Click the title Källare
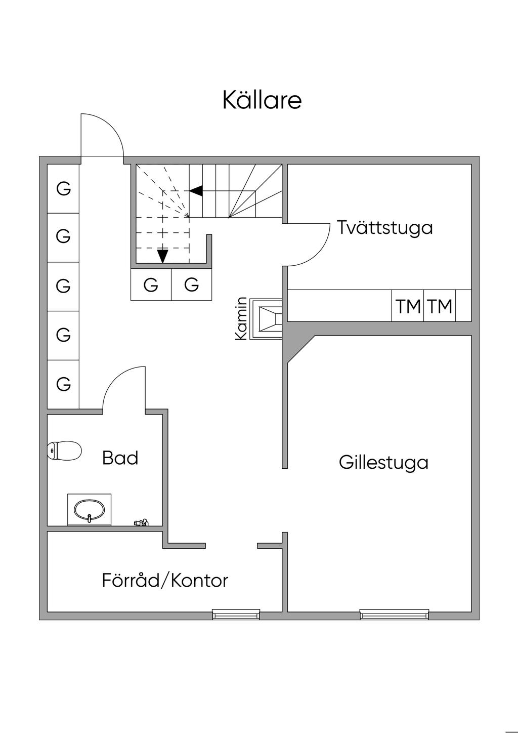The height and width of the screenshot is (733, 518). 262,100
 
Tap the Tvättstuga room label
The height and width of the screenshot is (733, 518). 385,227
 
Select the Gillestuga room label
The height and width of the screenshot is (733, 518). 383,462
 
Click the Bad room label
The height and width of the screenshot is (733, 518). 120,458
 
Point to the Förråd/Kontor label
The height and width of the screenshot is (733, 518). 165,580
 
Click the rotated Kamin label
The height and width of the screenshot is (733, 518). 242,318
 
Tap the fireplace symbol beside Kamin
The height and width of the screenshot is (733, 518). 269,319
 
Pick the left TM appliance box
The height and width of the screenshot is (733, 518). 408,306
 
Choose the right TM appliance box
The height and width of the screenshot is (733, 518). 440,306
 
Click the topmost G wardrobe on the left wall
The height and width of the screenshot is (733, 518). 63,189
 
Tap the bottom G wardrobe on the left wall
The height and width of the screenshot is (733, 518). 63,384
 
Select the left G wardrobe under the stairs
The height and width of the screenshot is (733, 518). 151,285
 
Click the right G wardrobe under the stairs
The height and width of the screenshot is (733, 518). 192,285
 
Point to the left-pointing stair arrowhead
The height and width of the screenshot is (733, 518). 196,191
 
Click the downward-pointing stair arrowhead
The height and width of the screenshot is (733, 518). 162,256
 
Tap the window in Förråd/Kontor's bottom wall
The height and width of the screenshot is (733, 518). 236,615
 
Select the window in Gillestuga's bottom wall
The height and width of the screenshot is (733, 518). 395,615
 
